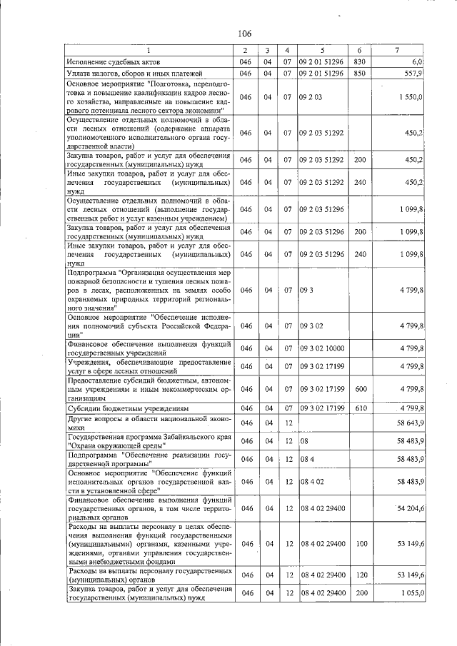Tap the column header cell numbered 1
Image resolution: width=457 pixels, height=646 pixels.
[x=149, y=51]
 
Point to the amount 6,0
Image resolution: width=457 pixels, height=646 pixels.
[x=417, y=62]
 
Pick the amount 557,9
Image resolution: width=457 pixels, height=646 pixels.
[x=414, y=73]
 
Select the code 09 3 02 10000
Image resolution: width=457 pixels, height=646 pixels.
[x=323, y=348]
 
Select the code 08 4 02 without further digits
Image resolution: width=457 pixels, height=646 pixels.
[x=313, y=482]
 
